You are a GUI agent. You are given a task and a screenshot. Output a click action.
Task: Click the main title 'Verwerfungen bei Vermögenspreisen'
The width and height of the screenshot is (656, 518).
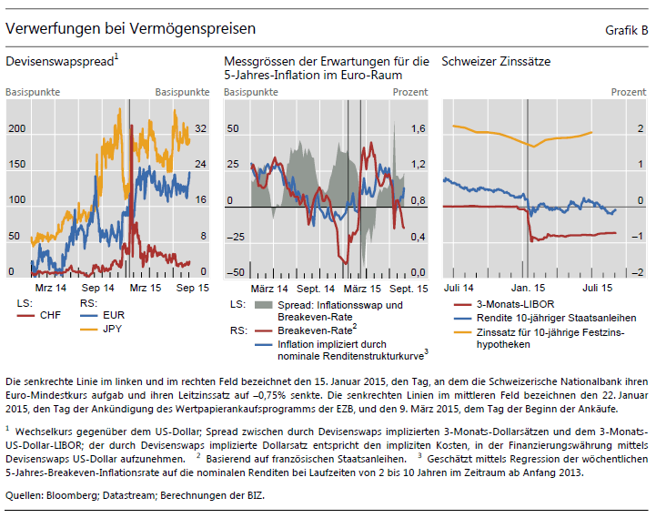tap(130, 30)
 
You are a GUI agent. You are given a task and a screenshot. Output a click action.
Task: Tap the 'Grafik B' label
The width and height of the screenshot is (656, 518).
tap(626, 31)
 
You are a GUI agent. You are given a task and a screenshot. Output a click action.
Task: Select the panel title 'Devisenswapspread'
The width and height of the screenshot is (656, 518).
tap(61, 62)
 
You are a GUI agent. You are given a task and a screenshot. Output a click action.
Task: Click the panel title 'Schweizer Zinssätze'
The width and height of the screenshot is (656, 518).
tap(495, 62)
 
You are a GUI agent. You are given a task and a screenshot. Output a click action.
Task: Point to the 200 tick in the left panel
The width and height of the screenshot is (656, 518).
tap(16, 128)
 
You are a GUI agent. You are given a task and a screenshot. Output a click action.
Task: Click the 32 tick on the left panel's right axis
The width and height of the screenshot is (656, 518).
tap(201, 128)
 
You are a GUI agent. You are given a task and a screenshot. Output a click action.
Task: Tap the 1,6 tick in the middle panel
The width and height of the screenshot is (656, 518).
tap(418, 128)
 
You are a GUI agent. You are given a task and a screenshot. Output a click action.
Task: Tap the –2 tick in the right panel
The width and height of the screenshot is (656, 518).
tap(639, 272)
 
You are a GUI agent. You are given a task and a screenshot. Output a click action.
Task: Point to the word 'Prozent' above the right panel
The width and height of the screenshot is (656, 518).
tap(628, 93)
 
